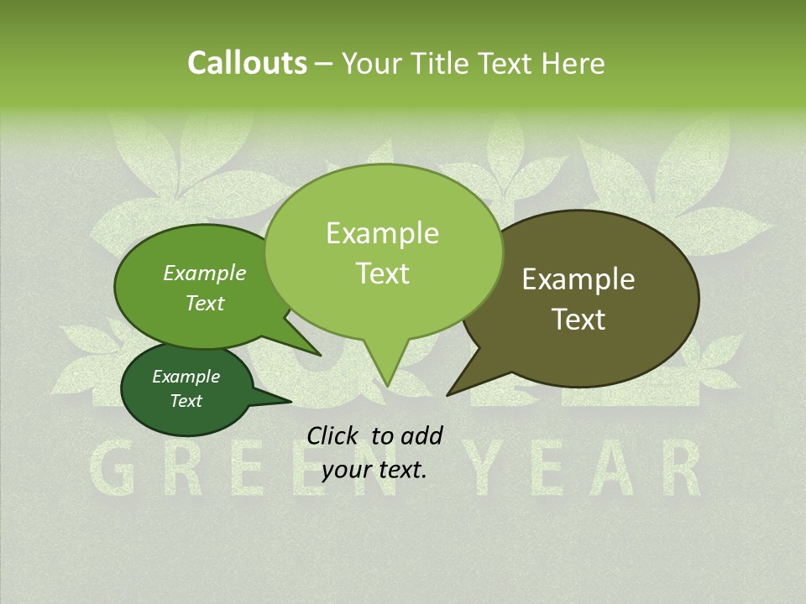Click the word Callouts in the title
pos(247,63)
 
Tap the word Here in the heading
pos(573,63)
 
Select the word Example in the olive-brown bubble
pos(578,279)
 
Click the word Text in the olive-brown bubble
pos(578,320)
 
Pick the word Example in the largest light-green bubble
pos(382,233)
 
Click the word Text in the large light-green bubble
pos(382,273)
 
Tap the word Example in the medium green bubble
pos(205,273)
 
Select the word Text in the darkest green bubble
pos(186,401)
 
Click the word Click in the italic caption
pos(332,435)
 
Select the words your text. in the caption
pos(374,470)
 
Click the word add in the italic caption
pos(421,435)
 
